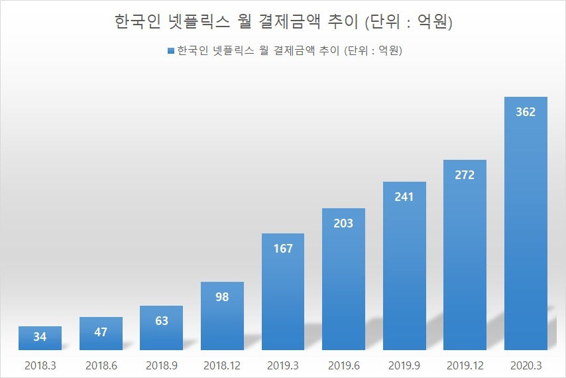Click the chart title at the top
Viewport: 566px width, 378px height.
(x=283, y=23)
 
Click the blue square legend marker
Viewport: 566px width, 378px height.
(x=171, y=51)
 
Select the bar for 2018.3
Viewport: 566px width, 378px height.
(x=40, y=338)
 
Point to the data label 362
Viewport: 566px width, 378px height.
(x=526, y=112)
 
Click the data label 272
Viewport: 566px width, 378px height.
(x=465, y=175)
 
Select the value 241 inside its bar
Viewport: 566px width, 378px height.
(x=404, y=197)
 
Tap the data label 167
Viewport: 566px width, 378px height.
(x=282, y=249)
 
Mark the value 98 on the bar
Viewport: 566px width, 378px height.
(x=222, y=297)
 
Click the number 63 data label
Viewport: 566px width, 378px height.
(x=161, y=321)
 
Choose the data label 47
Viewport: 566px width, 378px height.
(x=101, y=332)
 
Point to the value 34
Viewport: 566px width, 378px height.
(x=40, y=338)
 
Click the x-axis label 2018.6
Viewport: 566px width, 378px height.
(x=101, y=365)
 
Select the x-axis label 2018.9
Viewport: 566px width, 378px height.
(x=161, y=365)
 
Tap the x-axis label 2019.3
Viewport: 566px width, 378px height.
(x=282, y=365)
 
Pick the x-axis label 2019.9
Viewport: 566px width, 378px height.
(x=404, y=365)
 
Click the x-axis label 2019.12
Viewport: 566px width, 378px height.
(x=465, y=365)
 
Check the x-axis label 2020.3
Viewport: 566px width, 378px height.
(x=526, y=365)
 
